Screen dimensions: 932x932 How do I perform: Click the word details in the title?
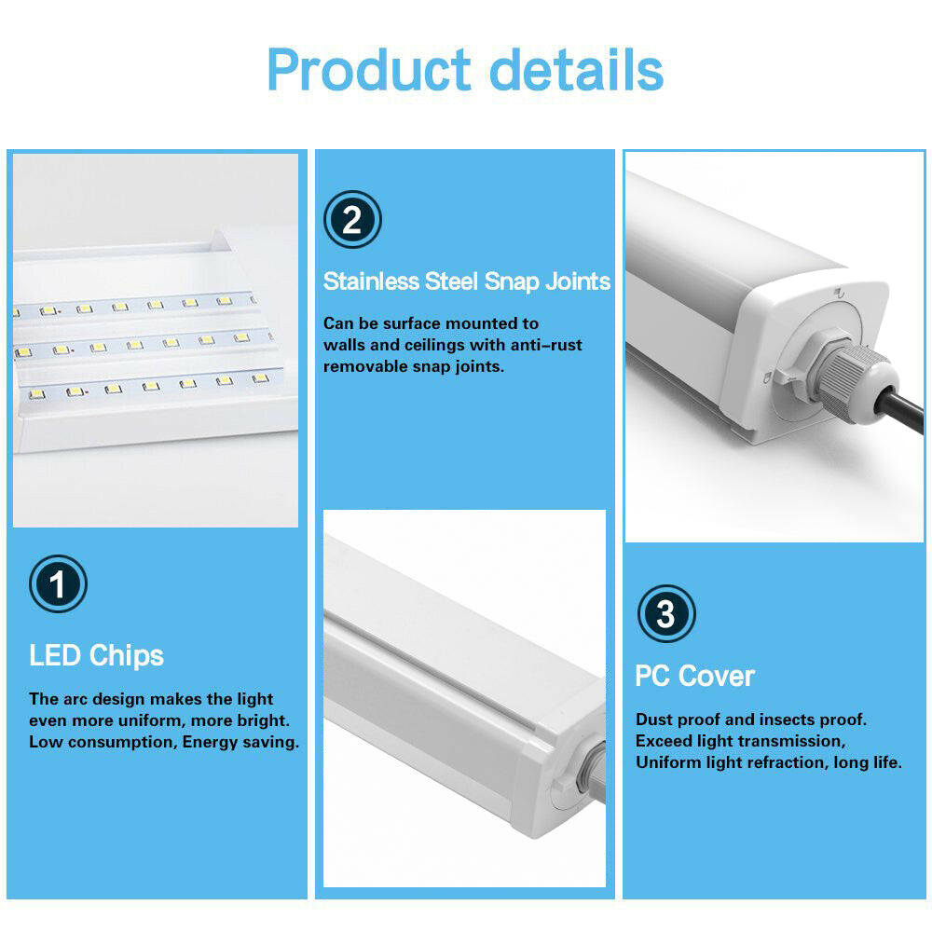(577, 70)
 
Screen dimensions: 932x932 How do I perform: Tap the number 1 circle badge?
(58, 585)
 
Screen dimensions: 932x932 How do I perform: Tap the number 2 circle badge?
(352, 220)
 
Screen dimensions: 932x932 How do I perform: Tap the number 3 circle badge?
(665, 614)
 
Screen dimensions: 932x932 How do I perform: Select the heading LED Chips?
(96, 655)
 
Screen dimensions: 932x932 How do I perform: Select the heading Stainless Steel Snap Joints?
(467, 281)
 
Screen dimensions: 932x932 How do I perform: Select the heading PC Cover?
(694, 676)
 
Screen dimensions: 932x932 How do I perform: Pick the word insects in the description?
(789, 720)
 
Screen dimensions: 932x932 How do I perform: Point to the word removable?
(363, 366)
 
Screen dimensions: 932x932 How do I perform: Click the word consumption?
(118, 742)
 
